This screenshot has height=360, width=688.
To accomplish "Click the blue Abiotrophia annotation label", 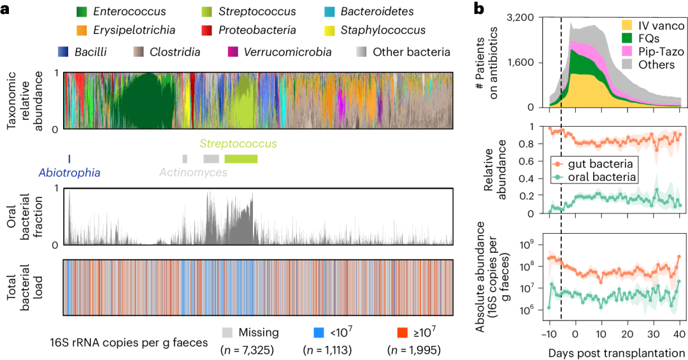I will coord(69,172).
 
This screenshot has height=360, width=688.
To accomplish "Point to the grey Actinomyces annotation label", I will coord(193,172).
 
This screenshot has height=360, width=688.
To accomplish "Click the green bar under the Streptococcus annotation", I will coord(241,159).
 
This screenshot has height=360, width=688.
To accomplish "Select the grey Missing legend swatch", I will coord(227,333).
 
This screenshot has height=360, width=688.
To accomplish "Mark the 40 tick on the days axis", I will coord(679,333).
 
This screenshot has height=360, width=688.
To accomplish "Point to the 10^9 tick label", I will coord(526,245).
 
